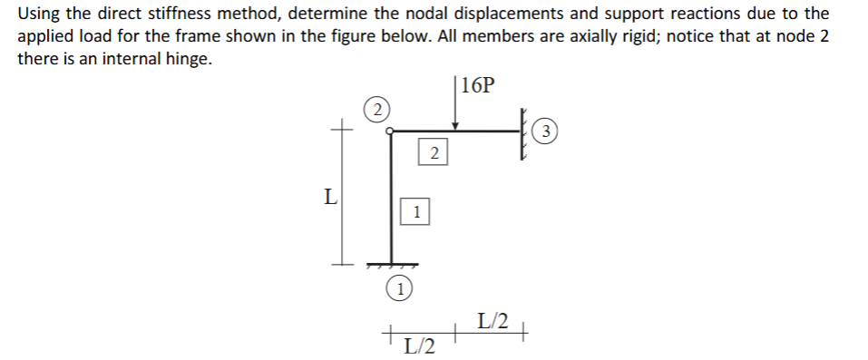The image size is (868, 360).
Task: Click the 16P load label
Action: point(478,86)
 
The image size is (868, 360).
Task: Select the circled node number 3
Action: point(545,133)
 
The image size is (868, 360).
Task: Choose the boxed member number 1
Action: point(415,213)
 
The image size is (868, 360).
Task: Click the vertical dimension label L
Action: point(331,195)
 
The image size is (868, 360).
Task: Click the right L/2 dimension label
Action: point(493,319)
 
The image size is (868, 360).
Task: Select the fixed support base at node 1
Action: point(392,265)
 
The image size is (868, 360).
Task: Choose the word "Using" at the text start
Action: point(38,15)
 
